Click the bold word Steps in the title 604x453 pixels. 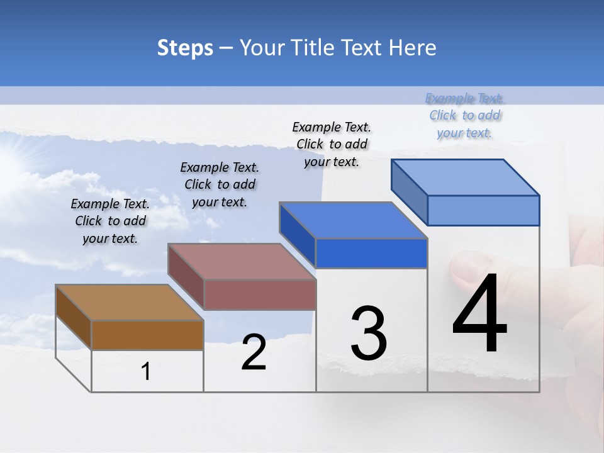pyautogui.click(x=185, y=48)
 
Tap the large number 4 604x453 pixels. pyautogui.click(x=479, y=314)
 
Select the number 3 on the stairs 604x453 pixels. pyautogui.click(x=368, y=334)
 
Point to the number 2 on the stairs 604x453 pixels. pyautogui.click(x=254, y=353)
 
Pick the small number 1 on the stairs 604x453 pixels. pyautogui.click(x=145, y=372)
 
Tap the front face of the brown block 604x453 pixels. pyautogui.click(x=147, y=335)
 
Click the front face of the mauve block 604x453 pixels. pyautogui.click(x=260, y=294)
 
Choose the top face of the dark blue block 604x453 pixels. pyautogui.click(x=353, y=220)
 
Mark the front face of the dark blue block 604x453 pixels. pyautogui.click(x=371, y=253)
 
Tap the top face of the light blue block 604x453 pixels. pyautogui.click(x=465, y=177)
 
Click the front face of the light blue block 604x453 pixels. pyautogui.click(x=483, y=210)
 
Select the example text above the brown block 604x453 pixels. pyautogui.click(x=110, y=221)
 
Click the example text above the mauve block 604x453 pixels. pyautogui.click(x=220, y=184)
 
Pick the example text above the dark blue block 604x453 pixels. pyautogui.click(x=332, y=144)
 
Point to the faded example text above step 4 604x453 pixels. pyautogui.click(x=465, y=115)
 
